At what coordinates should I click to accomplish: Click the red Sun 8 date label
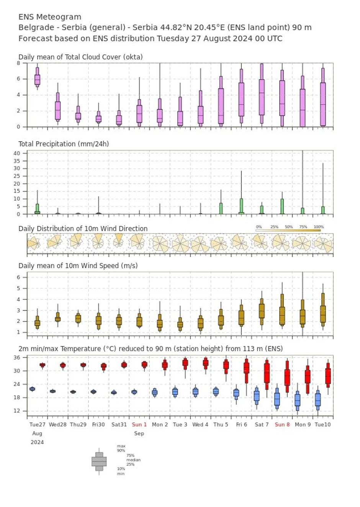282,424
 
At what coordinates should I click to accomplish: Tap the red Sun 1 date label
139,424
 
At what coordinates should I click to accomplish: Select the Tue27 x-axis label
37,424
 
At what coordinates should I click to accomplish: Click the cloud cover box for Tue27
37,79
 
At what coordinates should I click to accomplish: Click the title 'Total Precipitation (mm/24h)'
64,144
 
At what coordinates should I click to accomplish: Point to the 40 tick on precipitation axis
17,153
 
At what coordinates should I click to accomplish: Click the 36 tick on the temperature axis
17,358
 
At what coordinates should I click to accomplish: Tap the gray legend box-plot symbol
99,461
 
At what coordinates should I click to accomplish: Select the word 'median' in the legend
133,460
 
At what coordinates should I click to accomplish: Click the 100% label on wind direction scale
319,227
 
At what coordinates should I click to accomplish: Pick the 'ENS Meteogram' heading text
50,17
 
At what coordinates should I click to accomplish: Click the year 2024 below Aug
37,442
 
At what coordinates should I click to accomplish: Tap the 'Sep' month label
139,433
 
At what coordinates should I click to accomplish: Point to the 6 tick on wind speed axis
18,277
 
